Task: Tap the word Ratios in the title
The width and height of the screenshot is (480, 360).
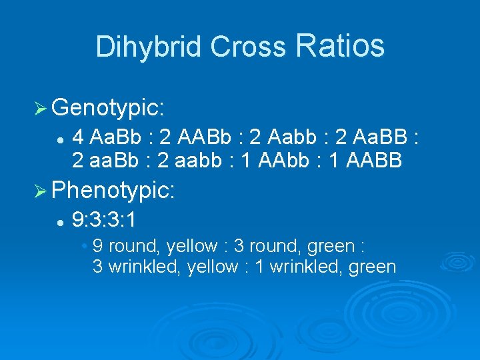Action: [x=340, y=45]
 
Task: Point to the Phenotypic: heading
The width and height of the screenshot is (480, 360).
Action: [x=113, y=191]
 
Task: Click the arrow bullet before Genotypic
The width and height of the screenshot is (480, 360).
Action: [x=39, y=107]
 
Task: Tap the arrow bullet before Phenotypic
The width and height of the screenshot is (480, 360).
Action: [x=39, y=192]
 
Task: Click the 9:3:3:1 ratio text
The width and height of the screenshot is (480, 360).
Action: [x=107, y=219]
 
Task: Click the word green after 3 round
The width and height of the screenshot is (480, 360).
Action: [x=331, y=246]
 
